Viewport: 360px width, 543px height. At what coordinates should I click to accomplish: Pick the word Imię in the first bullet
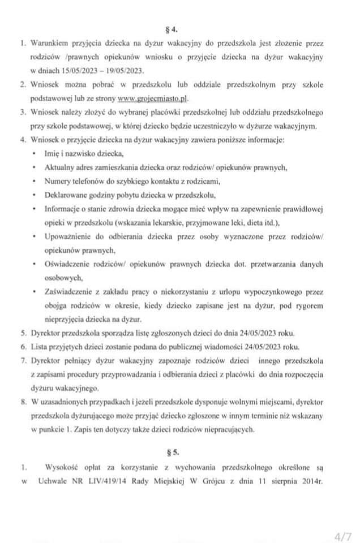tap(52, 154)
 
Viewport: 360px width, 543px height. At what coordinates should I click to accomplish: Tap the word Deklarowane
tap(66, 195)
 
